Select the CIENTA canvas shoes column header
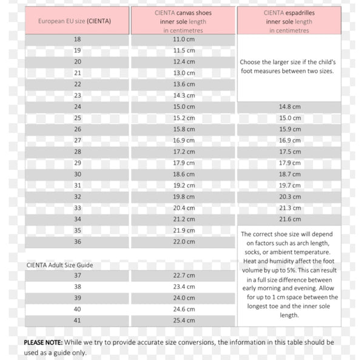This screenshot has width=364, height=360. tap(183, 21)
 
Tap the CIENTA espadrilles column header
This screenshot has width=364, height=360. tap(289, 21)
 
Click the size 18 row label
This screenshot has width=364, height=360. tap(78, 39)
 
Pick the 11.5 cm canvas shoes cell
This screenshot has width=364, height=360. tap(183, 50)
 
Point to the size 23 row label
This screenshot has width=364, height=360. tap(78, 95)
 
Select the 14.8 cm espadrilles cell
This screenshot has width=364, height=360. tap(289, 107)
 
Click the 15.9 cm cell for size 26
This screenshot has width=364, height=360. tap(289, 129)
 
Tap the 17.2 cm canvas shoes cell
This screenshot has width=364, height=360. tap(183, 152)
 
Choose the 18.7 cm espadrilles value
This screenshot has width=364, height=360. tap(289, 174)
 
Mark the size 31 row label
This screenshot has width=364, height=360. tap(78, 185)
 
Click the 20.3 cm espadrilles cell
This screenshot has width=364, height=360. tap(289, 197)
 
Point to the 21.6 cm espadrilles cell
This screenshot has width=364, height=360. tap(289, 219)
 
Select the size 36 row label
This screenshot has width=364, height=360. tap(78, 242)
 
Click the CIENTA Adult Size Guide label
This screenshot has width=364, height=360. tap(59, 265)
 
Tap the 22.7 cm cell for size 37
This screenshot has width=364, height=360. tap(183, 276)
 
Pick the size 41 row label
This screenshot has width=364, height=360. tap(78, 321)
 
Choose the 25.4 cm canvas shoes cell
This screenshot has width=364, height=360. tap(183, 321)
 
